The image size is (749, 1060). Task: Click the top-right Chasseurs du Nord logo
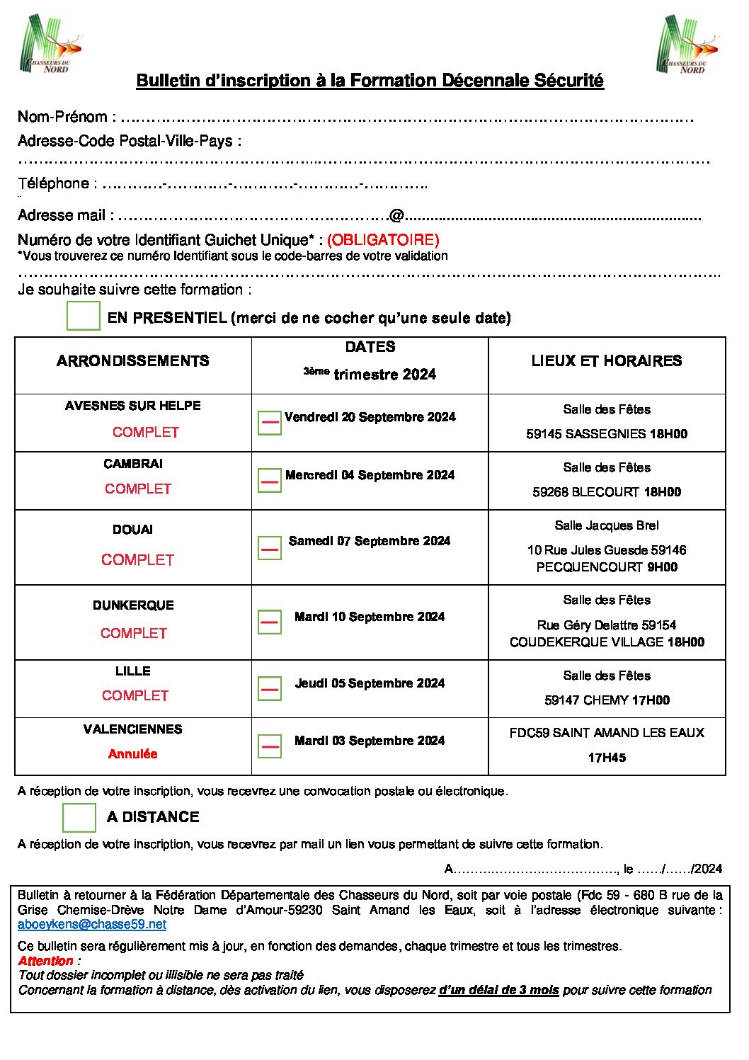tap(687, 45)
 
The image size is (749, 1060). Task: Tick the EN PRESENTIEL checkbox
tap(83, 316)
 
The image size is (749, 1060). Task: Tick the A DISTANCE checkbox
tap(79, 817)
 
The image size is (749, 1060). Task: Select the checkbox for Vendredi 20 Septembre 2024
tap(269, 423)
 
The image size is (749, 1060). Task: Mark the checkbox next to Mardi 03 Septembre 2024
tap(269, 746)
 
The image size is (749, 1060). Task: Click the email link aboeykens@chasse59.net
tap(92, 924)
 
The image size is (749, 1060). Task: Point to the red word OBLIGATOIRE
tap(383, 239)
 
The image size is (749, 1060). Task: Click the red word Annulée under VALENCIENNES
tap(133, 754)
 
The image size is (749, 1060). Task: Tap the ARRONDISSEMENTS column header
tap(133, 361)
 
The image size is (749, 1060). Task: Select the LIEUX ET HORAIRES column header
tap(607, 361)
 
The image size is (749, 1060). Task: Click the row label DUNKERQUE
tap(133, 605)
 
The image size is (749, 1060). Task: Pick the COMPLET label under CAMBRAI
tap(138, 489)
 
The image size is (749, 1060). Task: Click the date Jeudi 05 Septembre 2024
tap(370, 683)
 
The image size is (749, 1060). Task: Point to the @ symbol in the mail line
tap(396, 215)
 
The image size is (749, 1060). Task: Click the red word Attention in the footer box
tap(46, 961)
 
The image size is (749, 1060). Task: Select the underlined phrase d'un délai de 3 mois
tap(498, 990)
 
